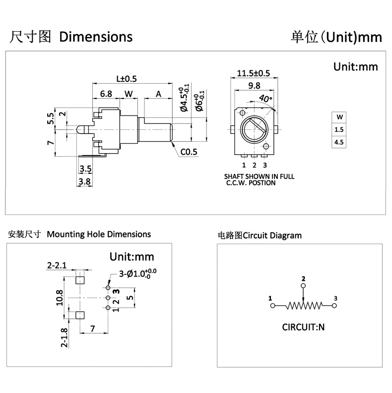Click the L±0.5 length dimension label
click(x=126, y=78)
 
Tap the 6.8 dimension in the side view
click(x=106, y=93)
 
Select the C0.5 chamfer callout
click(x=189, y=152)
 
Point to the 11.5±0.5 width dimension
click(x=253, y=73)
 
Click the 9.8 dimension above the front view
click(x=254, y=85)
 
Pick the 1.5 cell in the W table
click(x=339, y=130)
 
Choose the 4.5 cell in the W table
click(x=339, y=142)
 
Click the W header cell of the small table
click(x=339, y=117)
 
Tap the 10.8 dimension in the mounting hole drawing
click(x=60, y=297)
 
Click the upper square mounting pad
click(x=79, y=280)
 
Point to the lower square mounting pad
click(x=79, y=315)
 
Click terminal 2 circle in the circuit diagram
click(x=304, y=286)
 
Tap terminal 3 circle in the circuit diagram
click(x=334, y=306)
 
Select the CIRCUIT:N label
click(x=303, y=327)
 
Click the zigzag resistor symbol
click(x=304, y=306)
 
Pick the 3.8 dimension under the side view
click(x=85, y=181)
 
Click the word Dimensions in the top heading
click(x=96, y=37)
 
